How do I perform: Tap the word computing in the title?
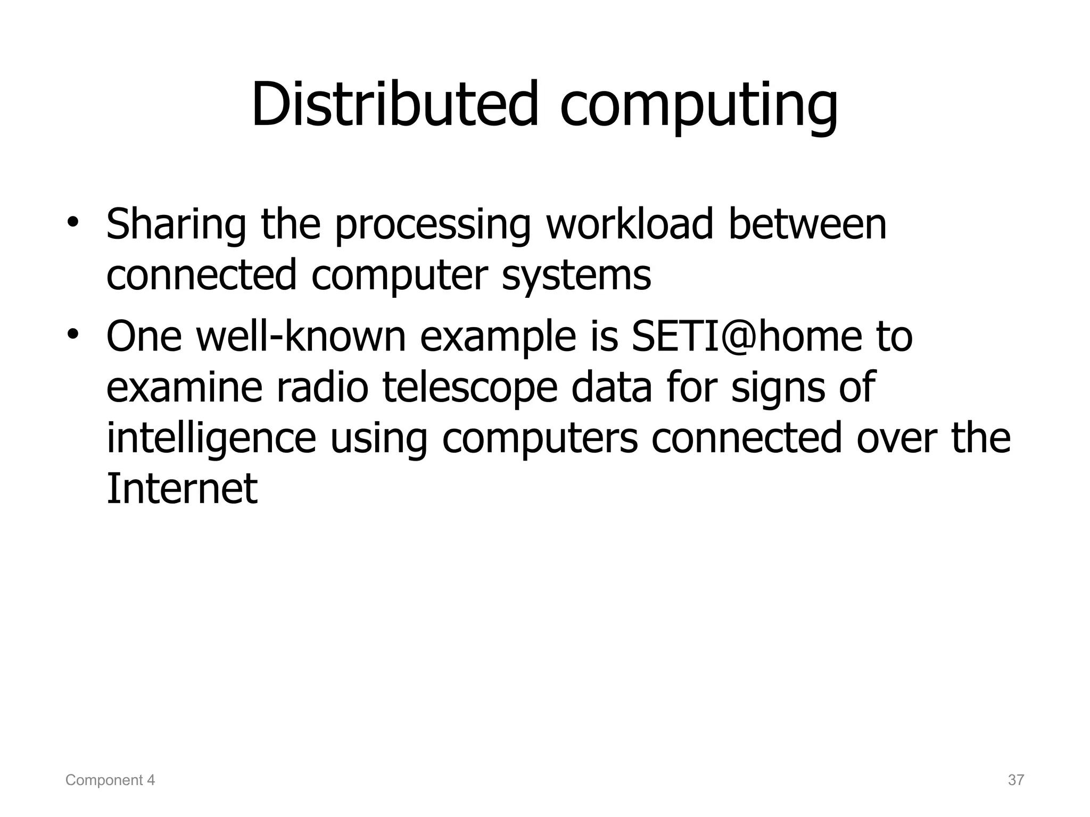pos(699,106)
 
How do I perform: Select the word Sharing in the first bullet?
pos(176,225)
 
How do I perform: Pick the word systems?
pos(576,276)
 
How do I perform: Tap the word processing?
pos(433,226)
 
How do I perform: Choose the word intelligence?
pos(211,439)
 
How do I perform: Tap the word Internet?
pos(182,489)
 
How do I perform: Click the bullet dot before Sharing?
pos(73,222)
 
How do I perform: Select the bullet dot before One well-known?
pos(73,334)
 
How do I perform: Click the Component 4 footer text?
pos(110,780)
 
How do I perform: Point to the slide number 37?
pos(1016,780)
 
